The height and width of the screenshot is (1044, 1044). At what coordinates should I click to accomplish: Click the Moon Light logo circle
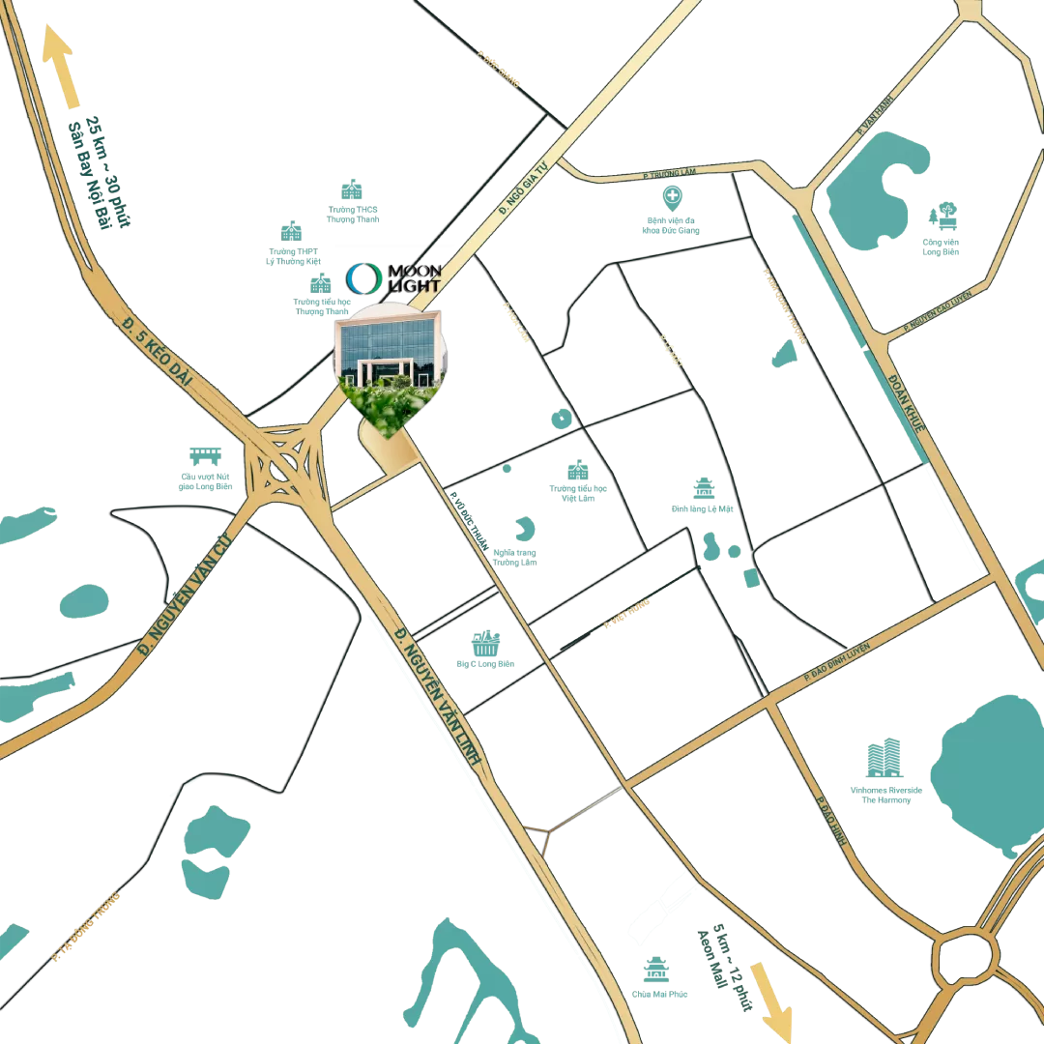(x=364, y=277)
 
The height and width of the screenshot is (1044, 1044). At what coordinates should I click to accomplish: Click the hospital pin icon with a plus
(x=672, y=198)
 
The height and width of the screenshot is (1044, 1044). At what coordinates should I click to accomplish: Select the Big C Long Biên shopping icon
(x=485, y=643)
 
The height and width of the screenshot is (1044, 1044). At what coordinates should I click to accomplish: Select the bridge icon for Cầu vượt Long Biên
(x=205, y=456)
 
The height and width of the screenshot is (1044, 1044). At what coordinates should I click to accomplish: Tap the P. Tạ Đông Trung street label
(x=87, y=925)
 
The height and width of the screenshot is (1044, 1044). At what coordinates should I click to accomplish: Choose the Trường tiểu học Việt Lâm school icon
(x=578, y=470)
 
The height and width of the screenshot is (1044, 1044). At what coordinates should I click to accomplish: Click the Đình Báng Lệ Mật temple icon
(x=703, y=488)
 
